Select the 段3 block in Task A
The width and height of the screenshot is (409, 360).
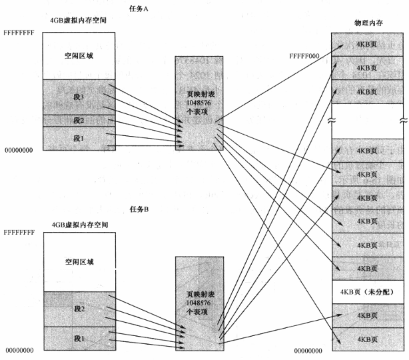[x=79, y=96]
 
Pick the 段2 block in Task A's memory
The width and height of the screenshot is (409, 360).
[x=79, y=120]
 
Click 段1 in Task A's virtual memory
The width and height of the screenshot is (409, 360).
[x=79, y=138]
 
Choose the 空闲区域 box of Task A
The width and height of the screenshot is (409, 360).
[x=79, y=55]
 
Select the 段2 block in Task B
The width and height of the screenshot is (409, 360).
[x=79, y=309]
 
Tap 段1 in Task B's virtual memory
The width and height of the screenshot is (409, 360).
[x=79, y=339]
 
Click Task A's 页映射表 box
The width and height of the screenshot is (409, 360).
[x=199, y=103]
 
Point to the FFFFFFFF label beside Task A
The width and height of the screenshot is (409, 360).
[x=19, y=32]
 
